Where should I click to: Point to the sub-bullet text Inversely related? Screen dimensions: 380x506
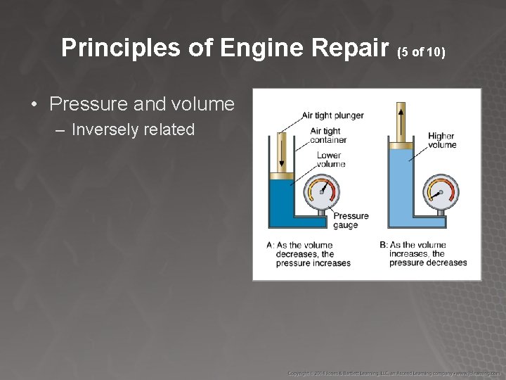coord(133,130)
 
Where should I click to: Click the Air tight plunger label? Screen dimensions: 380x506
coord(332,115)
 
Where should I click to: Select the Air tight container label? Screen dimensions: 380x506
coord(327,135)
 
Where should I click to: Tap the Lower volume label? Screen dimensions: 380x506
coord(330,160)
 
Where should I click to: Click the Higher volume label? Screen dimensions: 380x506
coord(441,141)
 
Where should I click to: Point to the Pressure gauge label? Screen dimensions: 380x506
coord(350,220)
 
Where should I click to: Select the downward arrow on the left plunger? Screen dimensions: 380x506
coord(281,151)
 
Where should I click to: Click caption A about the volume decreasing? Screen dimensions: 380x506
coord(309,254)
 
